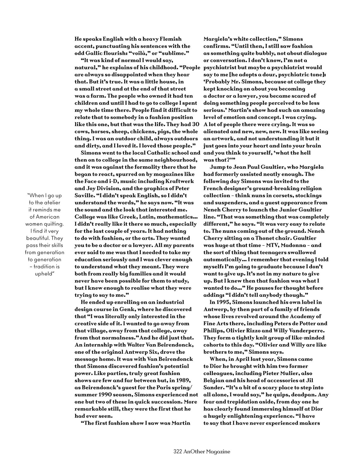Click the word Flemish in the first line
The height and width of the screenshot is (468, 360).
tap(167, 39)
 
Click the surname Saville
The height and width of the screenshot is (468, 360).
tap(85, 195)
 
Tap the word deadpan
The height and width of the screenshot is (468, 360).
tap(307, 395)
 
